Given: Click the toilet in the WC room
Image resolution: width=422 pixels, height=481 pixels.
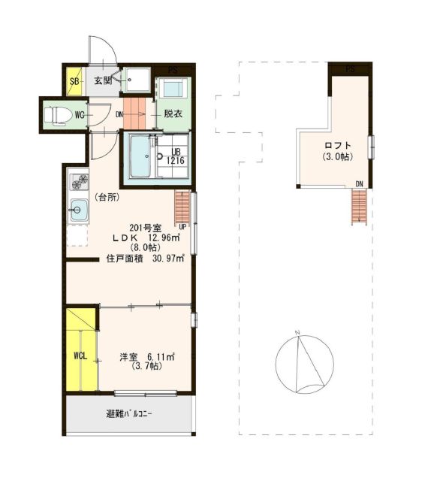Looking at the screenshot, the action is (55, 116).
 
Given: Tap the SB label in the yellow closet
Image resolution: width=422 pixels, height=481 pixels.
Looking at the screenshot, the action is (74, 81).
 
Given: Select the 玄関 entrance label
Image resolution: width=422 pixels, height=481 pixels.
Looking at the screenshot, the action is (102, 80).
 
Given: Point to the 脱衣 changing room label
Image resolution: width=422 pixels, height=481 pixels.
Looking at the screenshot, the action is (173, 113).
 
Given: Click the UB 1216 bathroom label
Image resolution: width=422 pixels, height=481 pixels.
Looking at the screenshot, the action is (176, 156).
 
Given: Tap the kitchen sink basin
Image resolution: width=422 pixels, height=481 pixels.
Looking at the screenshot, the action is (79, 210).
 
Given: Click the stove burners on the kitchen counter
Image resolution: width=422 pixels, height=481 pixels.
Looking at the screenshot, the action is (80, 182).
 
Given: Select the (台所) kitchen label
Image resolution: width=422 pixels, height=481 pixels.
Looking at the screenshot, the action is (107, 198).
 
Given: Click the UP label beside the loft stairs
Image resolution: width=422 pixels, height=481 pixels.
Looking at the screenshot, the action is (182, 227).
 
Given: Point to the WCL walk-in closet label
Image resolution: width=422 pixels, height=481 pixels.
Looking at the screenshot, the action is (80, 355).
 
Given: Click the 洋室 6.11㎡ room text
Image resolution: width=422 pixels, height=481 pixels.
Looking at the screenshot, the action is (146, 357).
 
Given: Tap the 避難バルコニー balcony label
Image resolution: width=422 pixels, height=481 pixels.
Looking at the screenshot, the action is (128, 414).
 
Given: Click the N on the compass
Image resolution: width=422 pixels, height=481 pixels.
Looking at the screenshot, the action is (297, 332).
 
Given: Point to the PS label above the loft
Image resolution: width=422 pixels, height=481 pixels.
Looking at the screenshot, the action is (350, 69).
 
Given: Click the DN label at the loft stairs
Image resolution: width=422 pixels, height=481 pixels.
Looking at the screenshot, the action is (359, 184).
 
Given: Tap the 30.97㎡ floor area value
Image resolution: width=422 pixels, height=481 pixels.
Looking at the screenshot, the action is (168, 259).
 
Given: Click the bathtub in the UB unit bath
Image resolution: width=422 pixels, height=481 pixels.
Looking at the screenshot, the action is (140, 156).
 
